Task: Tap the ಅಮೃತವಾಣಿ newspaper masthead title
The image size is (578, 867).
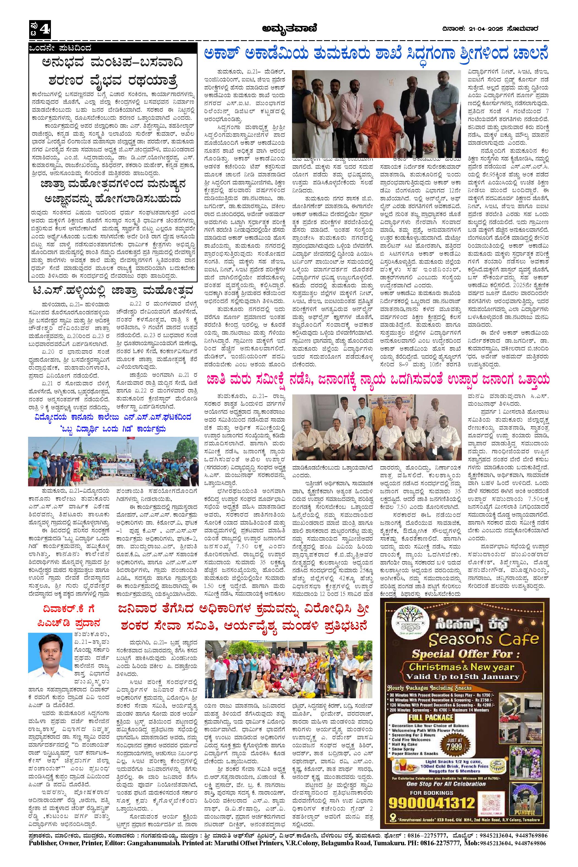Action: (289, 28)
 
